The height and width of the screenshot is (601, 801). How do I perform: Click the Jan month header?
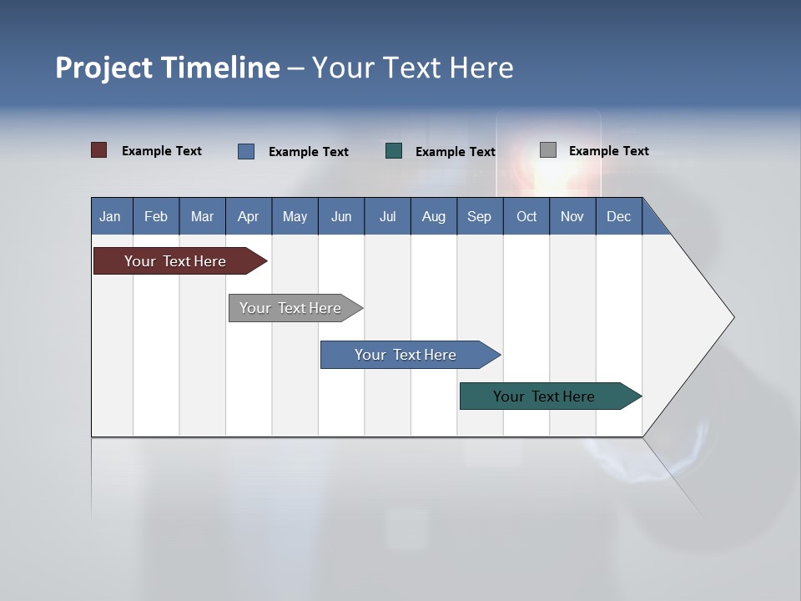pyautogui.click(x=110, y=216)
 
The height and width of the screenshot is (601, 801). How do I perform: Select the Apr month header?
pyautogui.click(x=248, y=216)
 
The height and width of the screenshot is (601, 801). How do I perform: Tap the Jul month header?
pyautogui.click(x=387, y=216)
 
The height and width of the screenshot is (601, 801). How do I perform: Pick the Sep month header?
pyautogui.click(x=479, y=216)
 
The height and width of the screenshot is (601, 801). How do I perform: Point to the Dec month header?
pyautogui.click(x=618, y=216)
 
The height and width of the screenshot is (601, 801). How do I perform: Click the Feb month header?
pyautogui.click(x=156, y=216)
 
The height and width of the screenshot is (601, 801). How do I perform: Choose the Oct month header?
pyautogui.click(x=526, y=216)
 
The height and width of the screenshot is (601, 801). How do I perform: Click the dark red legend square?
pyautogui.click(x=99, y=150)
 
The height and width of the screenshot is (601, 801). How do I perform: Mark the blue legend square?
pyautogui.click(x=246, y=151)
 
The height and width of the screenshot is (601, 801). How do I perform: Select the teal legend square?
pyautogui.click(x=394, y=151)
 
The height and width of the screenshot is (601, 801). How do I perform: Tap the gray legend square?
pyautogui.click(x=548, y=150)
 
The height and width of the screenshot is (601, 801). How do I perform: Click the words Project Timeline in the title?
pyautogui.click(x=168, y=68)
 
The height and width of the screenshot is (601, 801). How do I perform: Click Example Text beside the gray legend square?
pyautogui.click(x=608, y=151)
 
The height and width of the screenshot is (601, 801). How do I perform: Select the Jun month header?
pyautogui.click(x=340, y=216)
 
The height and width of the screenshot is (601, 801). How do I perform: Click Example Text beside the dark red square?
pyautogui.click(x=162, y=151)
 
